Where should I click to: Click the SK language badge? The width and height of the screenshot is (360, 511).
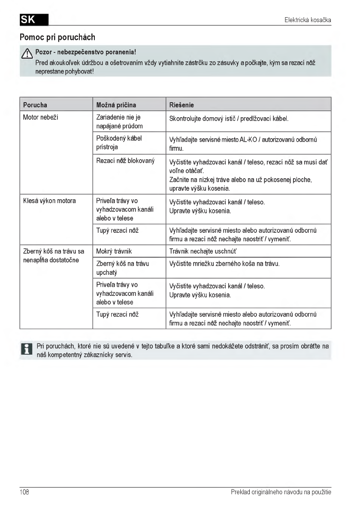(33, 20)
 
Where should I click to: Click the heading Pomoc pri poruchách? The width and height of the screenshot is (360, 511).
(57, 37)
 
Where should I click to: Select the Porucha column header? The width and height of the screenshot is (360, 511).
(35, 105)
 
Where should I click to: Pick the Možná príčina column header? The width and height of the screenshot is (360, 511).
(116, 105)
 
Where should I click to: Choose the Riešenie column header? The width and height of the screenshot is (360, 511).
(182, 105)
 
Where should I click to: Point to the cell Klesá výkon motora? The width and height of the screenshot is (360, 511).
(49, 201)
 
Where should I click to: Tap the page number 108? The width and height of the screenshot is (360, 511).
(24, 492)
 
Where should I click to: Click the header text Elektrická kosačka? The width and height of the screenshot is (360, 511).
(308, 20)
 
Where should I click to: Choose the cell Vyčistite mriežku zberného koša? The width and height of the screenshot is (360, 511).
(224, 264)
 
